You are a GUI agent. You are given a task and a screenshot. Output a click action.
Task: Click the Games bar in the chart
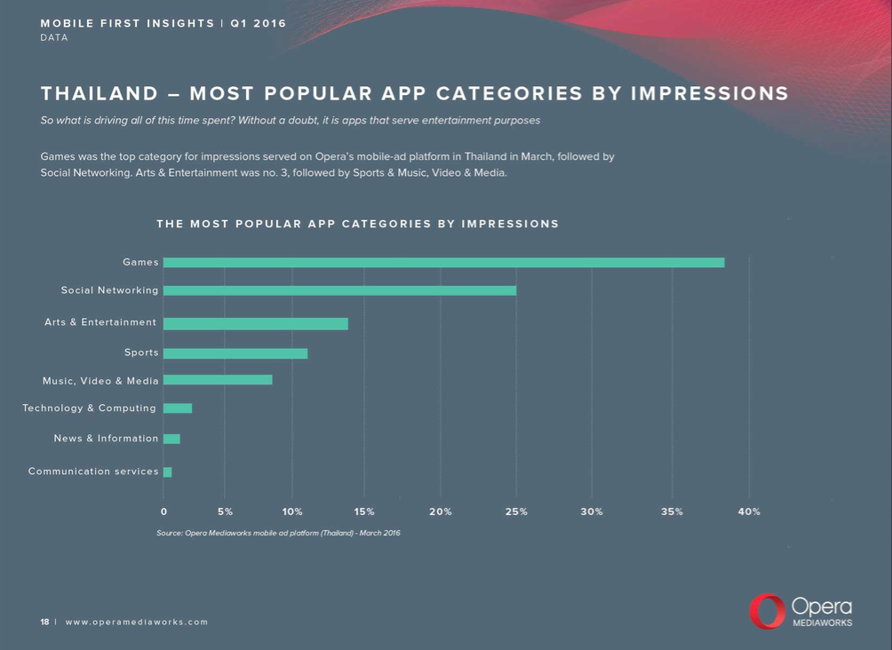point(443,263)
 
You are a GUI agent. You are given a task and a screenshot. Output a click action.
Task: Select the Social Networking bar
point(339,290)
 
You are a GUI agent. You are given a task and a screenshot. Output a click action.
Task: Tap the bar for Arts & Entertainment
point(256,323)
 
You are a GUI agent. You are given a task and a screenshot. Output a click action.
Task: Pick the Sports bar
point(235,353)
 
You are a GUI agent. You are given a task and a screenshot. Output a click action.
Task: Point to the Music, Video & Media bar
point(218,380)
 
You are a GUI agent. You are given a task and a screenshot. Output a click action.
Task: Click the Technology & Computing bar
point(178,408)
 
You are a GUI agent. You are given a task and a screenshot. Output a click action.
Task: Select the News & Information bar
point(171,439)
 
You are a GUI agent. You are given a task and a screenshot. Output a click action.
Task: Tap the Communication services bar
point(168,472)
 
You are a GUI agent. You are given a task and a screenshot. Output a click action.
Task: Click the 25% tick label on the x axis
point(516,512)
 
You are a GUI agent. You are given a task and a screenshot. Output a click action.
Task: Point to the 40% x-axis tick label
point(749,512)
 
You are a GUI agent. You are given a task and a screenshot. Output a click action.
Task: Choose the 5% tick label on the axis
point(225,512)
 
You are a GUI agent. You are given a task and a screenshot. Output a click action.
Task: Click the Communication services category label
point(93,472)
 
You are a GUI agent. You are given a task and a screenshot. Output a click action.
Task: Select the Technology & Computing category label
point(89,408)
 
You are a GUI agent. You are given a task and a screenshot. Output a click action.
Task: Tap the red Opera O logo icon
point(767,612)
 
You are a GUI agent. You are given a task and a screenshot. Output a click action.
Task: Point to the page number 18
point(44,622)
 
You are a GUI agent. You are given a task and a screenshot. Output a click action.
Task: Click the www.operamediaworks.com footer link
point(137,622)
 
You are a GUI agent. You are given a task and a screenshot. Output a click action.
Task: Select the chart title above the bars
point(357,224)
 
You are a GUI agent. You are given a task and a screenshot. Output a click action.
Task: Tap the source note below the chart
point(278,534)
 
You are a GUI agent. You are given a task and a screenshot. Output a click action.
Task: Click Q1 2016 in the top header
point(259,23)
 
